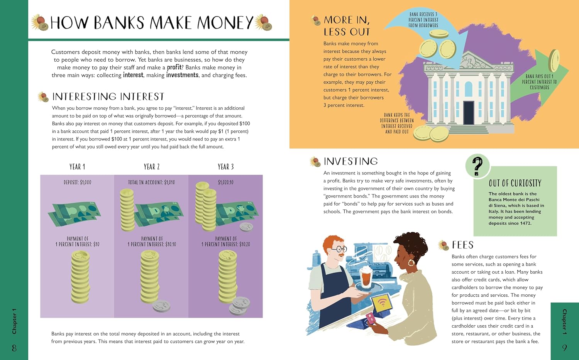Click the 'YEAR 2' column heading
pos(152,167)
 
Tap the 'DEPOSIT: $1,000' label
pos(77,183)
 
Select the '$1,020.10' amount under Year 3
pos(226,183)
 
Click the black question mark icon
pos(477,166)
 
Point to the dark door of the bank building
pos(468,113)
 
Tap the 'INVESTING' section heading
pos(350,161)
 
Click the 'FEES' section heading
pos(463,245)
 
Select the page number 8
pos(14,348)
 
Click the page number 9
pos(564,348)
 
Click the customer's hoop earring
pos(411,263)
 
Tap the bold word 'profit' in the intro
pos(174,68)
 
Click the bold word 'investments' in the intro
pos(182,75)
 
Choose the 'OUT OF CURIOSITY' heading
pos(515,183)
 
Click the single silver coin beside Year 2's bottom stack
pos(162,306)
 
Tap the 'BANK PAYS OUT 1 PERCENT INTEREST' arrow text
pos(539,82)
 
